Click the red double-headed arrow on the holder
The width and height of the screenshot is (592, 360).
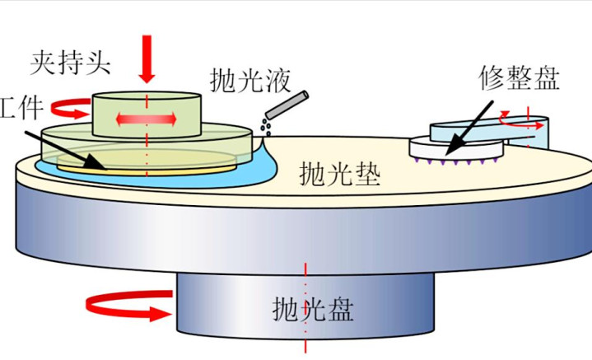click(147, 119)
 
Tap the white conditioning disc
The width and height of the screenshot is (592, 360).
click(457, 148)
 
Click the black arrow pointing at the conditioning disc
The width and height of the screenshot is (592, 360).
click(469, 128)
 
